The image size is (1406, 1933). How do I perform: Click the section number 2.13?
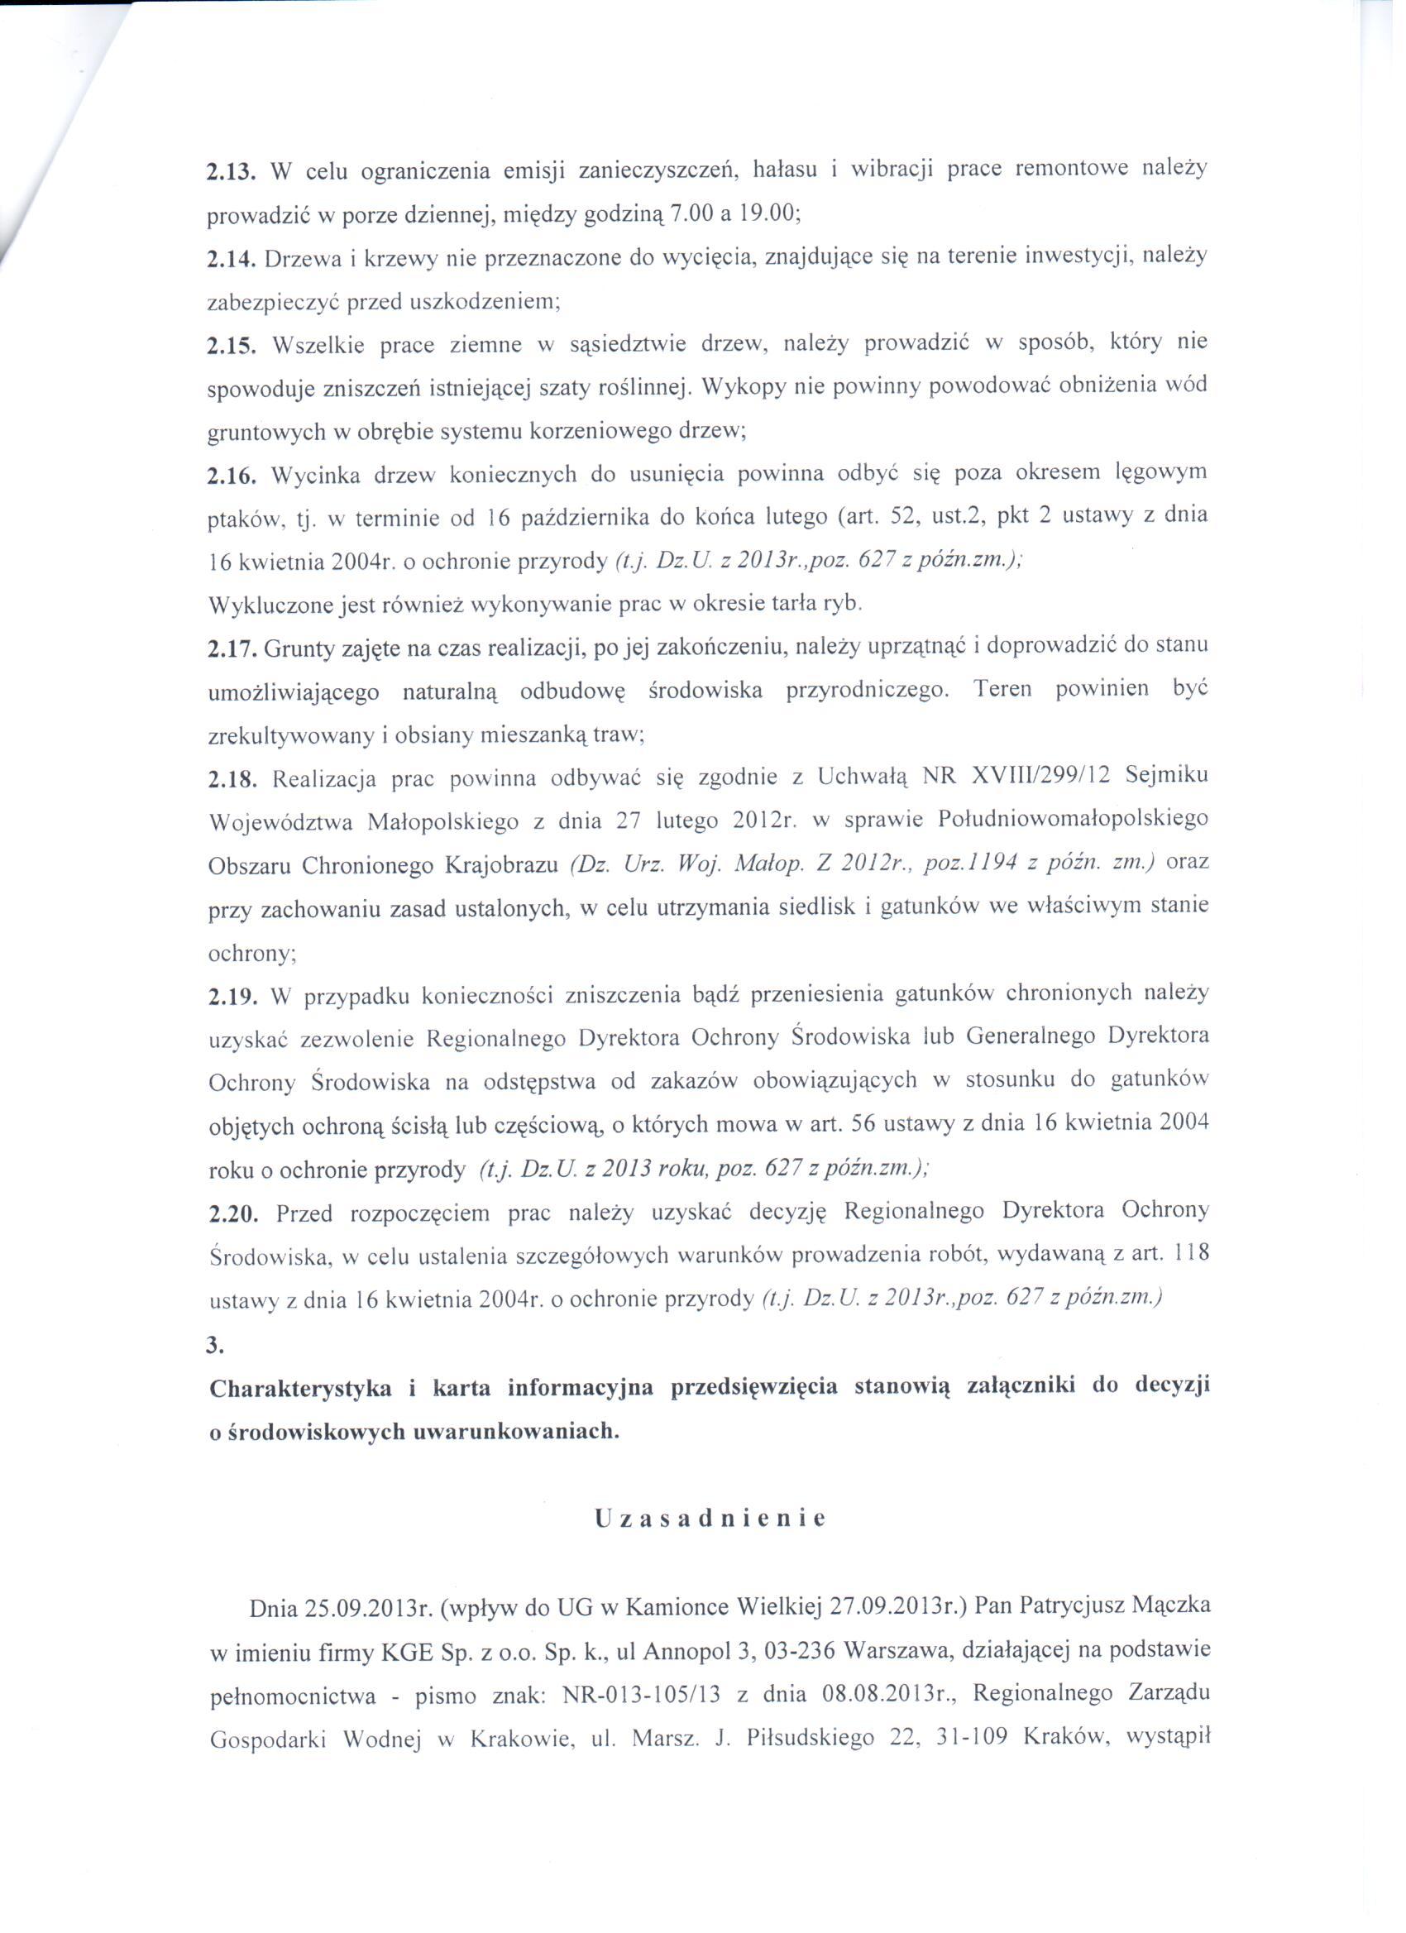(231, 172)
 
